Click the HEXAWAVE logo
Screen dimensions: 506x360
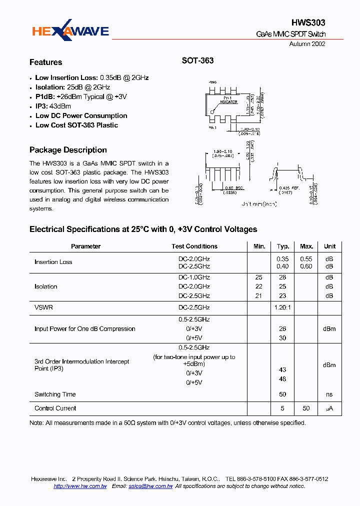tap(70, 32)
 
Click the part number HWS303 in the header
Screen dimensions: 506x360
tap(308, 23)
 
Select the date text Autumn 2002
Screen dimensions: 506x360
tap(307, 44)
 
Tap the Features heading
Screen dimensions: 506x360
tap(46, 62)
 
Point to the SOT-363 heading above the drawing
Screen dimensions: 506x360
tap(197, 60)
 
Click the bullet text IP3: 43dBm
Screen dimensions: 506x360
tap(53, 106)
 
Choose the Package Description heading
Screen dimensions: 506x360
tap(68, 150)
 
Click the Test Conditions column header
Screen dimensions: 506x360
tap(194, 246)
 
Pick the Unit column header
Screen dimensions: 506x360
tap(329, 246)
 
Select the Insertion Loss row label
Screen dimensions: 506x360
tap(53, 262)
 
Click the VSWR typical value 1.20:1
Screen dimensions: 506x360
tap(283, 308)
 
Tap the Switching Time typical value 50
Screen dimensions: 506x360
tap(282, 394)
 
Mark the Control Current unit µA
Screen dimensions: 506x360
tap(329, 408)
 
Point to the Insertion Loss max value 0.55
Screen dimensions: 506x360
tap(306, 258)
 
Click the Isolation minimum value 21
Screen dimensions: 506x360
tap(258, 296)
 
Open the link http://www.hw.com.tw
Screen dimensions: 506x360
tap(80, 486)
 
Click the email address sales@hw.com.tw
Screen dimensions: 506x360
tap(150, 486)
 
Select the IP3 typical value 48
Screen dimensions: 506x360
tap(282, 379)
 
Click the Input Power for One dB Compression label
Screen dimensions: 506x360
tap(85, 329)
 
